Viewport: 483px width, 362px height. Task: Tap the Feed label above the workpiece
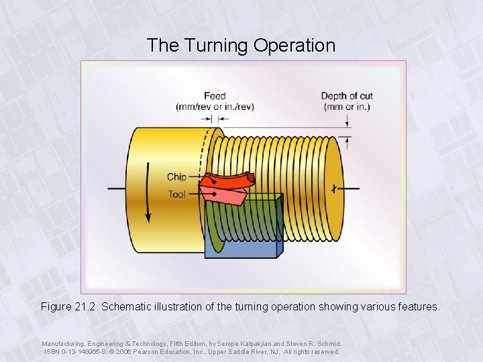pos(215,96)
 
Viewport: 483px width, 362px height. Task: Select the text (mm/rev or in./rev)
pos(215,107)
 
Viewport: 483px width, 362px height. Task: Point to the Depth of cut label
pos(347,96)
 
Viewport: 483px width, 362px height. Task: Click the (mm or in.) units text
pos(347,107)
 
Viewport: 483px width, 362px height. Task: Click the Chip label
pos(176,177)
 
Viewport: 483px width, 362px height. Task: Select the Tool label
pos(176,194)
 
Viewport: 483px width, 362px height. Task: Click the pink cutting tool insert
pos(225,196)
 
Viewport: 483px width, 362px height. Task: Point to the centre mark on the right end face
pos(333,188)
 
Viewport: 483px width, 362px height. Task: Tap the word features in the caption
pos(419,307)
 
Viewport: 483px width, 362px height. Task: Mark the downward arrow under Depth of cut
pos(347,121)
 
